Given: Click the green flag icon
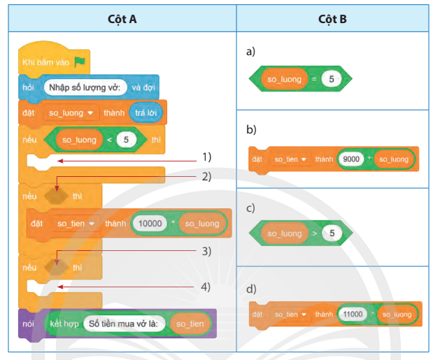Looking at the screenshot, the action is pos(80,62).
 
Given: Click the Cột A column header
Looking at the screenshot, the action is pos(122,19).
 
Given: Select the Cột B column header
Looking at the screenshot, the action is pos(332,19).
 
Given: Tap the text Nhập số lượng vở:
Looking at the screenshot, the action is pos(85,87).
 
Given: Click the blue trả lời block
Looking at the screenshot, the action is pos(146,113).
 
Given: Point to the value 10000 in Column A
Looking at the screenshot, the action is pos(150,224).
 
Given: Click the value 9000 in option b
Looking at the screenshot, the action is pos(351,159).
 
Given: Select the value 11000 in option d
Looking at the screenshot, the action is pos(353,314).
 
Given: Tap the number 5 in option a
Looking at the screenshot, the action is pos(332,79).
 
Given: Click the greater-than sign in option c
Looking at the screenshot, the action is pos(315,233).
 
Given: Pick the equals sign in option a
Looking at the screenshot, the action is pos(314,79).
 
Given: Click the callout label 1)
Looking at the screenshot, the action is pos(207,157).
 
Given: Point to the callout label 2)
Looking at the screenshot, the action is pos(206,177).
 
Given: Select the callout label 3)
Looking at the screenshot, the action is pos(206,251).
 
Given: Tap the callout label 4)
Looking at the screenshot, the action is pos(206,287).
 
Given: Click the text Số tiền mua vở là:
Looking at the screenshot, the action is pos(123,324).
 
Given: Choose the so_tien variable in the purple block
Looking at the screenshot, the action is pos(190,324).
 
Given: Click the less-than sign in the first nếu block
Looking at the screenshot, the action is pos(109,140).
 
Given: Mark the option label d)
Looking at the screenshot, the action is pos(251,289).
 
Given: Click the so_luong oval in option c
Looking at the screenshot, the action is pos(285,233).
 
